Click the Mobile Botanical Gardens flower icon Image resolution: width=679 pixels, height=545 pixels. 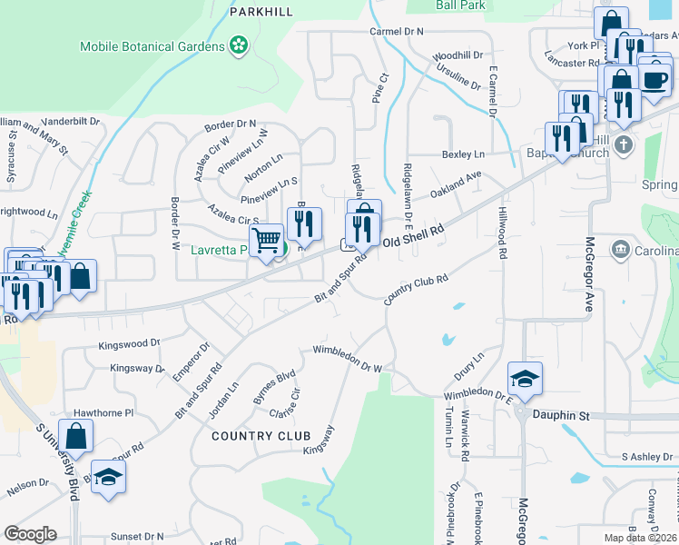239,45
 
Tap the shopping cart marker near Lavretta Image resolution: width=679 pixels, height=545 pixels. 265,241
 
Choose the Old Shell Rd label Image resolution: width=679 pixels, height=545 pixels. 413,237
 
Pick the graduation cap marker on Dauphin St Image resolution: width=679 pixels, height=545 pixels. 525,377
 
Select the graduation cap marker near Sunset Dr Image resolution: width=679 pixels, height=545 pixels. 108,477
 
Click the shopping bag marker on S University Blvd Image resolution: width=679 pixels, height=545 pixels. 76,435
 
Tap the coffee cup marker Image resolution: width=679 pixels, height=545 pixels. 654,76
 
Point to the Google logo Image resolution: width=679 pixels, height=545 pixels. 30,533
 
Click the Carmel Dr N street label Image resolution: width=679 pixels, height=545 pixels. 397,32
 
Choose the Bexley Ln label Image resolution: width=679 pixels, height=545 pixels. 463,154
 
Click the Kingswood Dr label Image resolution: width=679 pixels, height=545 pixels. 129,344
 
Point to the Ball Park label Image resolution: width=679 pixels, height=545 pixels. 460,5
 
